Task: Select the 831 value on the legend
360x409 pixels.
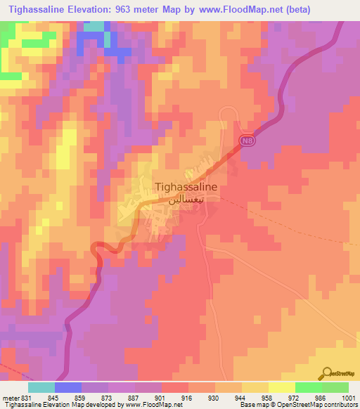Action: pyautogui.click(x=23, y=397)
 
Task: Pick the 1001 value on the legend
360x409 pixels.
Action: pyautogui.click(x=349, y=397)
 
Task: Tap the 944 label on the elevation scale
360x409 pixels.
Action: pyautogui.click(x=229, y=397)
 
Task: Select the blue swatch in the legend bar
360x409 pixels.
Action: pyautogui.click(x=68, y=387)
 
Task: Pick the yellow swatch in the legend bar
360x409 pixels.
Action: pyautogui.click(x=281, y=387)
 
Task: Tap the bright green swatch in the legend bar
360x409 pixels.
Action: pyautogui.click(x=308, y=387)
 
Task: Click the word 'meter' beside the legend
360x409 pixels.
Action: pyautogui.click(x=9, y=397)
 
